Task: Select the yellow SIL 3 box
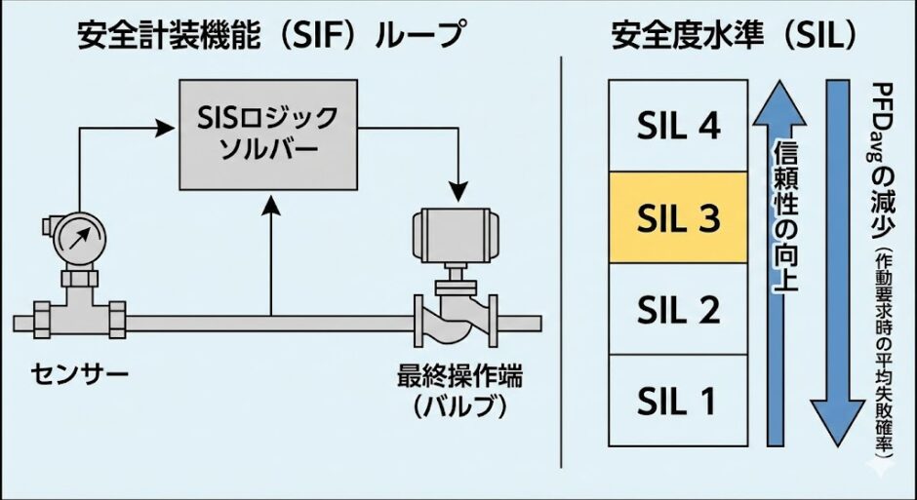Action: click(x=678, y=217)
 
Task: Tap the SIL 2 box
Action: click(x=678, y=309)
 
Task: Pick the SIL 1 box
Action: click(x=678, y=400)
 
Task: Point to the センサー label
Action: click(x=66, y=373)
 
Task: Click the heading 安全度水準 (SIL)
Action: click(x=734, y=36)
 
